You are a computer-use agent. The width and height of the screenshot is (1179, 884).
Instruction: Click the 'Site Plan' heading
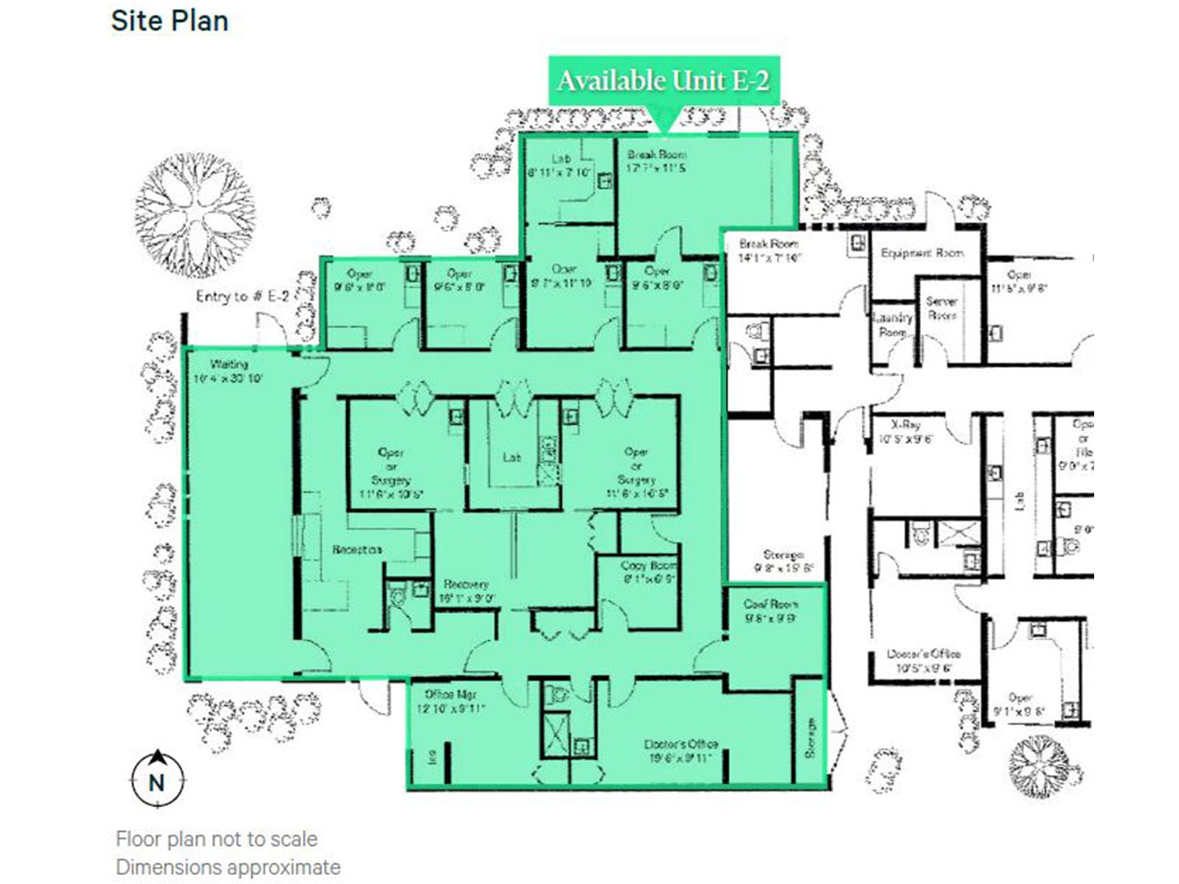169,21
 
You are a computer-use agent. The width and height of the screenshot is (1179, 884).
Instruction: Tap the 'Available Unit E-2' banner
663,80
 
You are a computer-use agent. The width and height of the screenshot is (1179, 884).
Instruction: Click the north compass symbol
157,779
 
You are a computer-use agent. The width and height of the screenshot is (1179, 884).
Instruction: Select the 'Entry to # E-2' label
242,296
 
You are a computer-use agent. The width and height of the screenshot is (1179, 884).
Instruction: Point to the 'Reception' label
357,550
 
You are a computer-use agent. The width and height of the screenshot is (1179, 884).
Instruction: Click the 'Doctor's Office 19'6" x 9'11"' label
680,751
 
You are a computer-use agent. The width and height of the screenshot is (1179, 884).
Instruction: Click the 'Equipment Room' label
922,253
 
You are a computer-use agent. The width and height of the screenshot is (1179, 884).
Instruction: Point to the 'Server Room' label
942,308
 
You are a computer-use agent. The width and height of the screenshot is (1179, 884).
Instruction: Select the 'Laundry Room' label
892,324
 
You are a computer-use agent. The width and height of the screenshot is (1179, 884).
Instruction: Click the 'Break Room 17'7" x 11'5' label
657,161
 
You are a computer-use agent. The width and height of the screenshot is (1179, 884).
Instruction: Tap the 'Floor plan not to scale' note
216,839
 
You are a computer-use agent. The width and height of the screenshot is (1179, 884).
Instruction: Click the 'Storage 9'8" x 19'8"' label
783,561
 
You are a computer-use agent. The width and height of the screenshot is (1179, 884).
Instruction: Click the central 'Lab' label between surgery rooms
511,457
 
